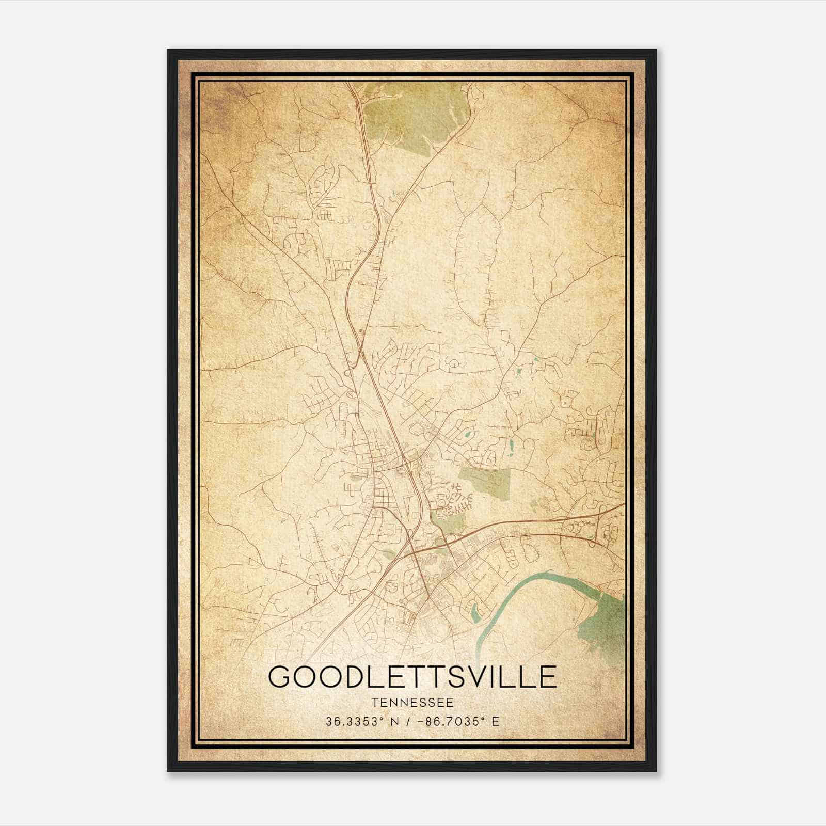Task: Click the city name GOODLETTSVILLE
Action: pos(412,677)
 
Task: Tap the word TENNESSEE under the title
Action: pos(412,703)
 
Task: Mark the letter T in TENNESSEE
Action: pos(374,703)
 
